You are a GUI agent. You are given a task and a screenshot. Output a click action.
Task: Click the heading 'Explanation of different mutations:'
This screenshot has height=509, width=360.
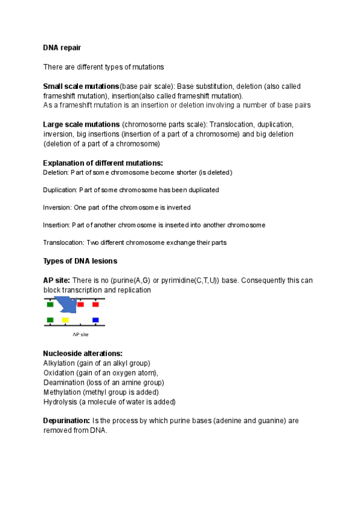(x=103, y=163)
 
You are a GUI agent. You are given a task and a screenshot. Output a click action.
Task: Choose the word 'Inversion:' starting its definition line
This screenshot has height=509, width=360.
(x=57, y=207)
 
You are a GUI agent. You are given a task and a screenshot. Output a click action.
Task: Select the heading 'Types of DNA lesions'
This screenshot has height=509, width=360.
(x=80, y=261)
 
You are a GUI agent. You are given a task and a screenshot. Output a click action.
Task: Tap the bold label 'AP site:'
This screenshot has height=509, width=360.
(x=56, y=280)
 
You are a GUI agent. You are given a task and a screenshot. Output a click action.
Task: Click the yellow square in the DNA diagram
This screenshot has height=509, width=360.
(x=65, y=320)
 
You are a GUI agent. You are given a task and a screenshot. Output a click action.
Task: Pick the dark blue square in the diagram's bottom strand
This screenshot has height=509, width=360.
(x=95, y=320)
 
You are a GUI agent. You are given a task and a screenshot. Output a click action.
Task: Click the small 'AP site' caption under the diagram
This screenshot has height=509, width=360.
(x=80, y=334)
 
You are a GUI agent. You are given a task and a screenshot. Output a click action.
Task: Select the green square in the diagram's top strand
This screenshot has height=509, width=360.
(x=50, y=304)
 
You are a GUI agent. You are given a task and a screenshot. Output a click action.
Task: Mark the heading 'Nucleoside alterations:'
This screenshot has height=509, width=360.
(x=83, y=354)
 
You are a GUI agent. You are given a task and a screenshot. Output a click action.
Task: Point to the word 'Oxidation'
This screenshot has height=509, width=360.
(x=58, y=373)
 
